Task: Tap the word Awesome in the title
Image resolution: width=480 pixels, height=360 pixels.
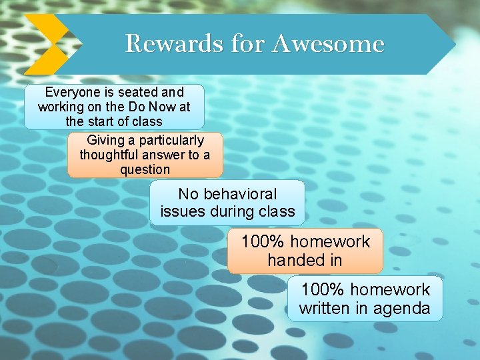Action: [328, 44]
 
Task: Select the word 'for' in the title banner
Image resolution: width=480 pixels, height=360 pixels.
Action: [249, 44]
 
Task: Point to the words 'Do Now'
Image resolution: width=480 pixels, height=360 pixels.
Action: [156, 107]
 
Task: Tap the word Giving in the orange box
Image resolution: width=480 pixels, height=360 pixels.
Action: [107, 141]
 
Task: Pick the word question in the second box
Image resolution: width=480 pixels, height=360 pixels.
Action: [145, 169]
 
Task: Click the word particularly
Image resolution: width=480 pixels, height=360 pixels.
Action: [171, 141]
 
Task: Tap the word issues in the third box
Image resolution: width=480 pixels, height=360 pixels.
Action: [181, 212]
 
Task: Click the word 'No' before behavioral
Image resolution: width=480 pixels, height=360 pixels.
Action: [189, 194]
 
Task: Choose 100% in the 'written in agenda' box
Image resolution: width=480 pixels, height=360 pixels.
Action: [323, 290]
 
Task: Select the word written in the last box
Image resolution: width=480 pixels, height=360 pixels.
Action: [324, 309]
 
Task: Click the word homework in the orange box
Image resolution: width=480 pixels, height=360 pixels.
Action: [330, 241]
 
